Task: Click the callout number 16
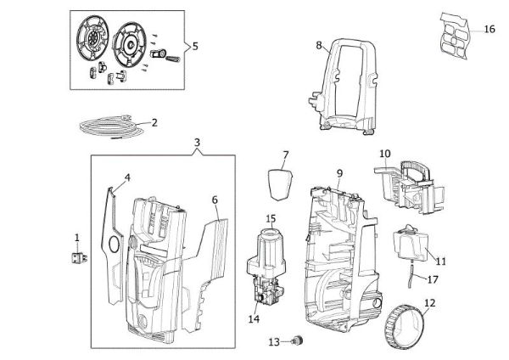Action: [489, 29]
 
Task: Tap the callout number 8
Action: [319, 45]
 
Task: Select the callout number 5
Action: [196, 46]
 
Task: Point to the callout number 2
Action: [154, 122]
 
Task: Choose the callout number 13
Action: [273, 341]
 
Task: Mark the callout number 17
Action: [433, 278]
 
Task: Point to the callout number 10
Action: [384, 154]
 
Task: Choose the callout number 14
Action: [253, 319]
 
